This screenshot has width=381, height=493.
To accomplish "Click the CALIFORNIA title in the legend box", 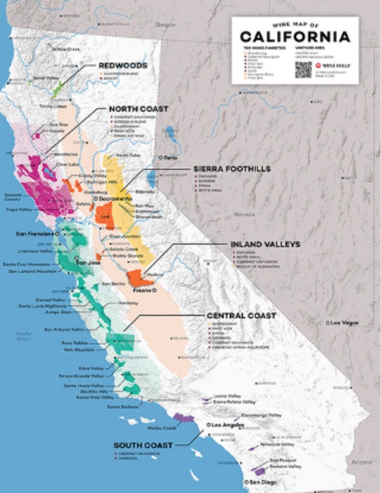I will click(x=295, y=36).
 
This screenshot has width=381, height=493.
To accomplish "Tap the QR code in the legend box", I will click(x=303, y=69).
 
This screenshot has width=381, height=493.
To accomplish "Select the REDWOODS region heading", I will click(x=123, y=65).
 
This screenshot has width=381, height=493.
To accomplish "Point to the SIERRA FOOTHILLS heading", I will click(x=232, y=169).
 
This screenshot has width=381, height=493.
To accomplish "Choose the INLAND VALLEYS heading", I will click(x=265, y=244).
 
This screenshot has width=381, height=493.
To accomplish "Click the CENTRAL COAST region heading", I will click(x=241, y=316).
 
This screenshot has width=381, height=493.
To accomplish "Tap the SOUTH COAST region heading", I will click(x=144, y=445).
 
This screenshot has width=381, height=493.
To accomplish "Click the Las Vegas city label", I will click(x=345, y=323).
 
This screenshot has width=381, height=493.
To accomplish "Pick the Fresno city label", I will click(x=145, y=290).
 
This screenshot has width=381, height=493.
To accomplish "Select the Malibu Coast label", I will click(x=163, y=428).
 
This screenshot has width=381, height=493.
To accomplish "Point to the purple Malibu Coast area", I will click(x=183, y=417).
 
